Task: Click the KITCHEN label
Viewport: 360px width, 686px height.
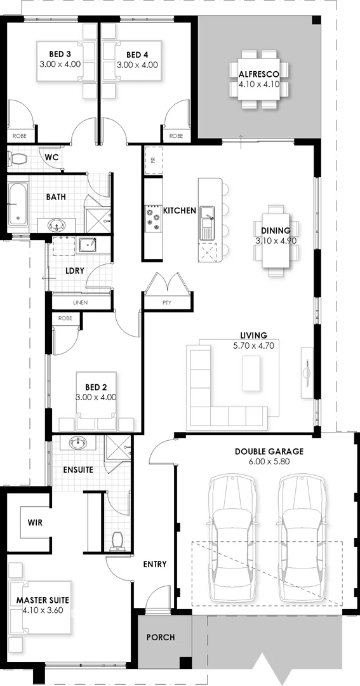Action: pyautogui.click(x=180, y=210)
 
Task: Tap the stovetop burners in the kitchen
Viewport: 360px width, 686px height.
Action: pyautogui.click(x=153, y=217)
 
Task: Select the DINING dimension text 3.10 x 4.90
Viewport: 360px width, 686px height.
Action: pyautogui.click(x=276, y=241)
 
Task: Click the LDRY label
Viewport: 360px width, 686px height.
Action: pyautogui.click(x=75, y=271)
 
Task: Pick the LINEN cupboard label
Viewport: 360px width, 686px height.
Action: pyautogui.click(x=80, y=303)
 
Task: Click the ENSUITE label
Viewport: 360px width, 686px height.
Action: pyautogui.click(x=78, y=470)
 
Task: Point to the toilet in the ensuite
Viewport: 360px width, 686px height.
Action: pyautogui.click(x=116, y=541)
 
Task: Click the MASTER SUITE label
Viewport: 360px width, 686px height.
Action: pyautogui.click(x=43, y=600)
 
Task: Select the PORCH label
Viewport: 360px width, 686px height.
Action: pyautogui.click(x=161, y=637)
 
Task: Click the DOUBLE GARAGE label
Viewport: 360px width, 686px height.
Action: pyautogui.click(x=269, y=452)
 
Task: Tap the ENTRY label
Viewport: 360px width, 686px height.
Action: pyautogui.click(x=155, y=564)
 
